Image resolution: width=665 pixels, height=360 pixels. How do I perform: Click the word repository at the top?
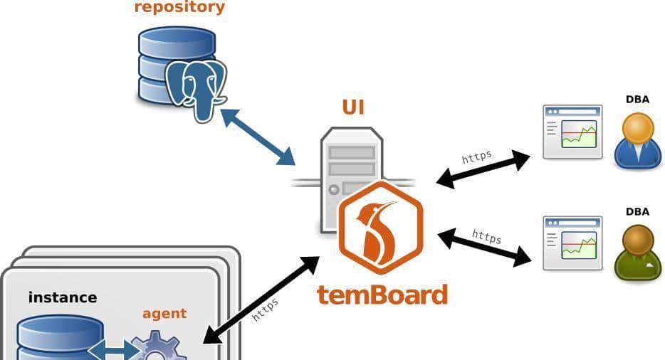[x=179, y=8]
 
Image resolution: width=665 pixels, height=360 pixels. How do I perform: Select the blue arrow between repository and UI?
[x=258, y=136]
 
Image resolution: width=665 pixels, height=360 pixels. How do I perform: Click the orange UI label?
[x=353, y=107]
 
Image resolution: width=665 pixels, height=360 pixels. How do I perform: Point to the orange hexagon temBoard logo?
[x=380, y=227]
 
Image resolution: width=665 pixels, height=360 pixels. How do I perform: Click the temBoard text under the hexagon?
[x=382, y=294]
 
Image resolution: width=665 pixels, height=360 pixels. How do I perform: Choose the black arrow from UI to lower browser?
[x=484, y=247]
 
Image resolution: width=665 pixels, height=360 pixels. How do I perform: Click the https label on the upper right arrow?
[x=476, y=157]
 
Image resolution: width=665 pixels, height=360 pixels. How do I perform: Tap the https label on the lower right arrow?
[x=487, y=235]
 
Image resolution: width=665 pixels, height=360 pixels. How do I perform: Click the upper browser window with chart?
[x=572, y=132]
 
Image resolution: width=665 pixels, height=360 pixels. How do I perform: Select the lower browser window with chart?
[x=572, y=243]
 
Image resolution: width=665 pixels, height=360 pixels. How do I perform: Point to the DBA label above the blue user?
[x=637, y=100]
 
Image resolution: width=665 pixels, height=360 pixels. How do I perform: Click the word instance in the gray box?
[x=63, y=297]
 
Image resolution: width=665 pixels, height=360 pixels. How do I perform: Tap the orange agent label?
[x=164, y=313]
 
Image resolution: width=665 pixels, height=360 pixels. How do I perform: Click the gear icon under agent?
[x=158, y=349]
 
